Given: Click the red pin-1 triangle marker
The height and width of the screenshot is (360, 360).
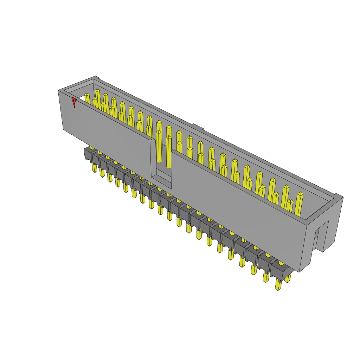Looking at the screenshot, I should click(x=73, y=102).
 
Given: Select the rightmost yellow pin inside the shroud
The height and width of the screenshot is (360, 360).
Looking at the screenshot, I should click(x=299, y=204).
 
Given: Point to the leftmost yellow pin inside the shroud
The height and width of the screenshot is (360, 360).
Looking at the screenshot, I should click(x=87, y=98).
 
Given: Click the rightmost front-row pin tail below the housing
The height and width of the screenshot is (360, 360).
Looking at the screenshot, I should click(x=278, y=285).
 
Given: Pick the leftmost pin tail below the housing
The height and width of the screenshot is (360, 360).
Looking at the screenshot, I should click(x=94, y=167).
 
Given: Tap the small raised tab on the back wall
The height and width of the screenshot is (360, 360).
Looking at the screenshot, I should click(x=198, y=127).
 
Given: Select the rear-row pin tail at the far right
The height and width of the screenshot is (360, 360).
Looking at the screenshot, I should click(x=288, y=278).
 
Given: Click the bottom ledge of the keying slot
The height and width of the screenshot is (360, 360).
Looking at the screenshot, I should click(x=161, y=179).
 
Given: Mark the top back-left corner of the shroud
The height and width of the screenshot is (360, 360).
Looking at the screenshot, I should click(x=95, y=77).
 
